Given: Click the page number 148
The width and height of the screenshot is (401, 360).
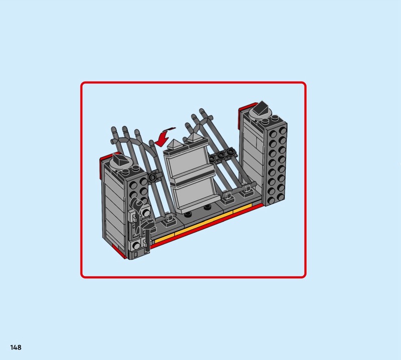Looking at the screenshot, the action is [16, 347].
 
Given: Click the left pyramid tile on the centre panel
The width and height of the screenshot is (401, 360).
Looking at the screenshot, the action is [173, 144].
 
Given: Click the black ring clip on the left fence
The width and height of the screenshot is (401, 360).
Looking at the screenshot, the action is [154, 176].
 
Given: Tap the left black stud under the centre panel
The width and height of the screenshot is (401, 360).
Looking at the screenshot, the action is [188, 215].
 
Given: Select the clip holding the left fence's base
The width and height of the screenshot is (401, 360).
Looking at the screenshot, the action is [169, 220].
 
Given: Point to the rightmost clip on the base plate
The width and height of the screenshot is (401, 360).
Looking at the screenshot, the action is [247, 191].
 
